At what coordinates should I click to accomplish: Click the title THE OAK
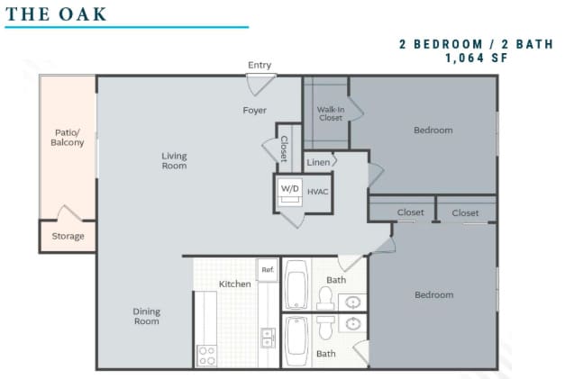[56, 14]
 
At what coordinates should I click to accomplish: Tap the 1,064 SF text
[477, 58]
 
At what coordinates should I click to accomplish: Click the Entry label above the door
[260, 65]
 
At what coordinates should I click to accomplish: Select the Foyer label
[254, 110]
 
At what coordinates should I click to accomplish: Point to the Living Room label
[174, 161]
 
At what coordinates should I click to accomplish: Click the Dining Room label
[147, 316]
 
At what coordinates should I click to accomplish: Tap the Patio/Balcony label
[68, 138]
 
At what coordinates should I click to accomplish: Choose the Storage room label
[68, 236]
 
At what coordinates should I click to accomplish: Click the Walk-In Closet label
[331, 113]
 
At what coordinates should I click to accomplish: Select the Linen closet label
[318, 162]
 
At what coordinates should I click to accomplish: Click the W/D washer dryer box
[289, 190]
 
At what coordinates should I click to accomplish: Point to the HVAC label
[317, 192]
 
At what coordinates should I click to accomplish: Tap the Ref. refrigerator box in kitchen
[268, 269]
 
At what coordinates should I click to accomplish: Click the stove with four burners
[207, 356]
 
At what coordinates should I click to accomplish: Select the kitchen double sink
[268, 338]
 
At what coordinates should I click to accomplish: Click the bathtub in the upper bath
[296, 284]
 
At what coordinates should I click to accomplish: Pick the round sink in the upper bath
[352, 302]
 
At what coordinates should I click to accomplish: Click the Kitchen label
[235, 284]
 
